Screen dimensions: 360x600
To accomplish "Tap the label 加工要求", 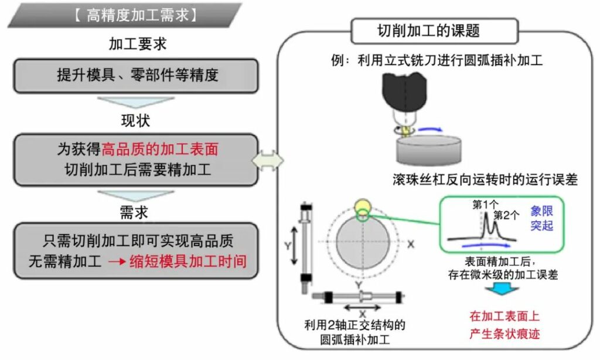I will point(135,44).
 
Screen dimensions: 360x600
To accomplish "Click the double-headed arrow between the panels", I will point(267,160).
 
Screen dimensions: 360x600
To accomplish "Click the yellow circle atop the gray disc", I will point(362,208).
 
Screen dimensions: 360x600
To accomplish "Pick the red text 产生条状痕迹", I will point(504,334).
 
